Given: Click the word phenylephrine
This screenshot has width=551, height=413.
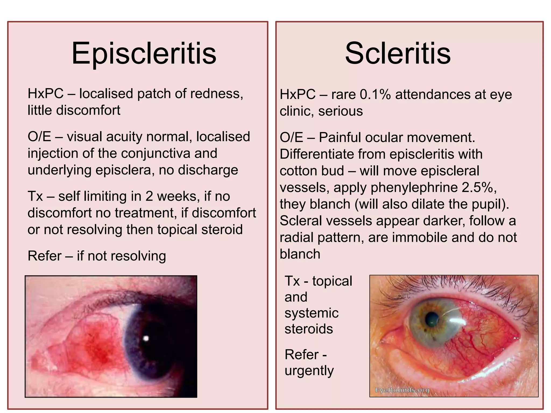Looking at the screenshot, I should (414, 187).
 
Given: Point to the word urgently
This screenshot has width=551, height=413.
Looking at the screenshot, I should (309, 371).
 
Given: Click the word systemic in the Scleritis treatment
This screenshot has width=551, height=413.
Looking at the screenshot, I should (312, 313).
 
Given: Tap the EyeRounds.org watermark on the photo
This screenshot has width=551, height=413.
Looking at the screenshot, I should (402, 390).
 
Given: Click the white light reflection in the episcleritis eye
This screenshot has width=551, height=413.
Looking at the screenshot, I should (146, 338).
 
